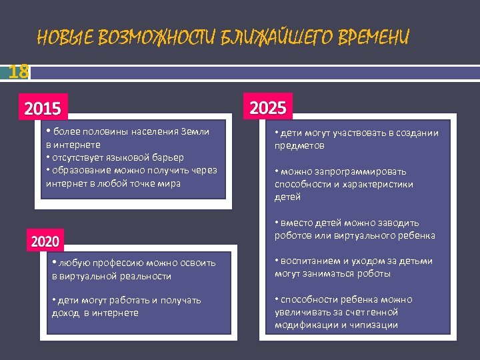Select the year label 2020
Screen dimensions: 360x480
45,241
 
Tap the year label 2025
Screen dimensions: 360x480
267,107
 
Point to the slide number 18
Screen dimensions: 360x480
19,71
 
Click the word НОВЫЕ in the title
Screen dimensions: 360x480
65,37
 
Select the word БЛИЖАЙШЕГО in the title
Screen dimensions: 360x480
271,37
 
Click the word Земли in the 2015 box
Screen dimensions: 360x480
195,131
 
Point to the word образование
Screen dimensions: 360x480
80,170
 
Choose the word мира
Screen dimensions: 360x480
169,183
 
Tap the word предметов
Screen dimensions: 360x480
299,145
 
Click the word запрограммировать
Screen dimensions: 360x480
361,171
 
